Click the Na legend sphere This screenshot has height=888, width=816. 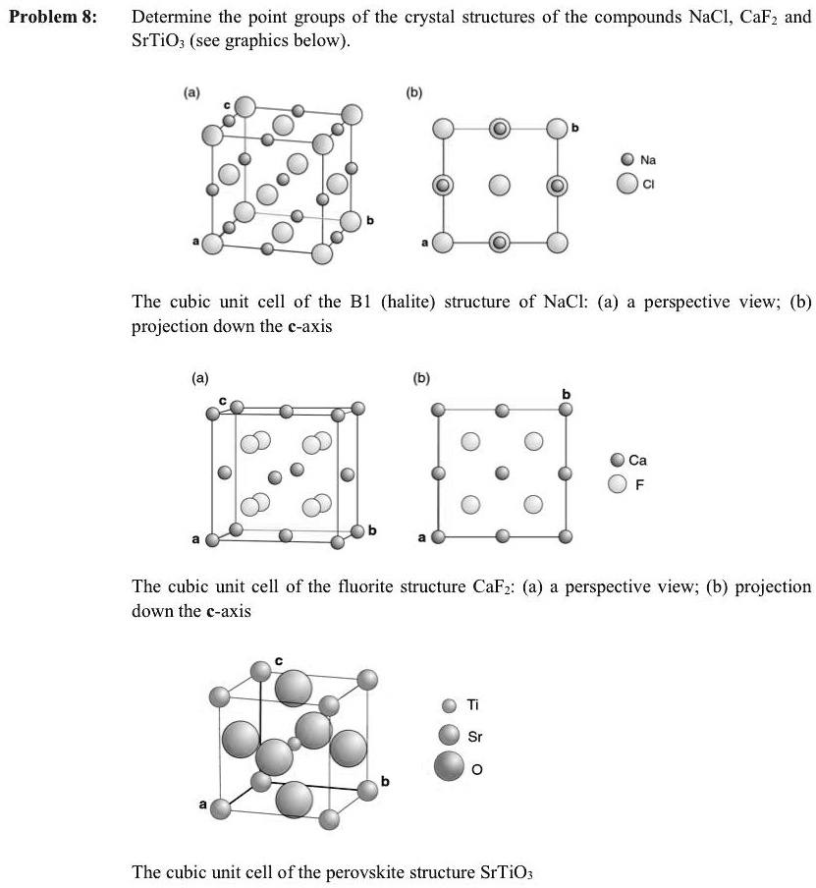point(628,159)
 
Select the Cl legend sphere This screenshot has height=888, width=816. point(626,183)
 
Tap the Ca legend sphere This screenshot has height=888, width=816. point(617,460)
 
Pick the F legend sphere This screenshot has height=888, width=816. point(617,483)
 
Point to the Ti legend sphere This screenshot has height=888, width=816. point(450,704)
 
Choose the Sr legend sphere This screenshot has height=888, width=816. point(450,735)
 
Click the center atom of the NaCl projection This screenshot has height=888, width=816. point(500,185)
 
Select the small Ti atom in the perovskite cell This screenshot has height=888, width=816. point(295,743)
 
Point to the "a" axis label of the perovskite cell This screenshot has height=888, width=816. point(203,805)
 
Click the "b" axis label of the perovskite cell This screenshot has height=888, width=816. point(385,782)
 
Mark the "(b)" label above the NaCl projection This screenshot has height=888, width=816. point(415,95)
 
